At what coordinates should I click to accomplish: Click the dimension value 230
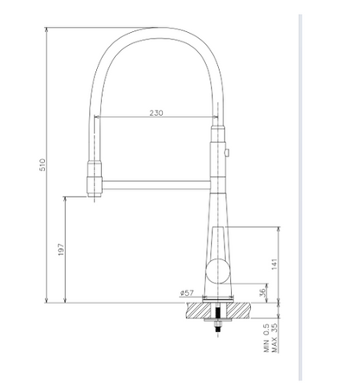157,113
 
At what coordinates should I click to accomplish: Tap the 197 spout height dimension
58,250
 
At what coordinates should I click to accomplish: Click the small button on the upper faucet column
227,153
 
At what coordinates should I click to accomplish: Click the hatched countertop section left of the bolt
195,310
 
